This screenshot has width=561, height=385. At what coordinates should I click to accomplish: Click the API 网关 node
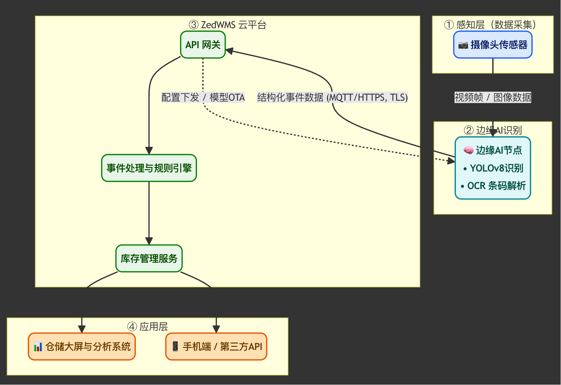[x=203, y=45]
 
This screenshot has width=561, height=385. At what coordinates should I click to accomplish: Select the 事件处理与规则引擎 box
[x=149, y=168]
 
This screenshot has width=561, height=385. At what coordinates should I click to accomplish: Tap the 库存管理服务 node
[x=149, y=258]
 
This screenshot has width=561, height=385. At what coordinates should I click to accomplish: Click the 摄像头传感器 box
[x=493, y=45]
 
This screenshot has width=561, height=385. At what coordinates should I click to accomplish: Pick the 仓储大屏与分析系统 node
[x=82, y=346]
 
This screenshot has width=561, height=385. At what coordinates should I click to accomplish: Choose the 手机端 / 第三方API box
[x=216, y=346]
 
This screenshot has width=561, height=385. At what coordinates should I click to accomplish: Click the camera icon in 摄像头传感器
[x=463, y=45]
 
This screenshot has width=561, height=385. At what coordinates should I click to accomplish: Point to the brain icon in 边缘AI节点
[x=468, y=150]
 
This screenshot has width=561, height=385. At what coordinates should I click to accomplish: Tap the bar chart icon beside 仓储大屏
[x=38, y=347]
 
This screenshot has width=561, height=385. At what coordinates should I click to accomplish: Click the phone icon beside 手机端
[x=175, y=346]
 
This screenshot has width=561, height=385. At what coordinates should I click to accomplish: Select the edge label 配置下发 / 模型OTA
[x=203, y=98]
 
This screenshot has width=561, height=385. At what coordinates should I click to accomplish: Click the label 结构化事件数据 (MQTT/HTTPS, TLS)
[x=332, y=98]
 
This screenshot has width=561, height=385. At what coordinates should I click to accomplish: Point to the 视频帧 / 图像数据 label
[x=493, y=98]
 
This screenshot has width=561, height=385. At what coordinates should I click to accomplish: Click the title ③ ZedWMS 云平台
[x=228, y=25]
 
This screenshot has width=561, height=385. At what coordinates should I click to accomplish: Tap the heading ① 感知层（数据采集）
[x=493, y=25]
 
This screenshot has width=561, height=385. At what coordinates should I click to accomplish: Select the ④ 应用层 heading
[x=147, y=327]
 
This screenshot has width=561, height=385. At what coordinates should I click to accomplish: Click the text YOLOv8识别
[x=493, y=168]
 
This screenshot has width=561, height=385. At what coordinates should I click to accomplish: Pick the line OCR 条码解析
[x=493, y=186]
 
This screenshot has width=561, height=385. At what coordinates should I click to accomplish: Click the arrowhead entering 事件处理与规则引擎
[x=149, y=151]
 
